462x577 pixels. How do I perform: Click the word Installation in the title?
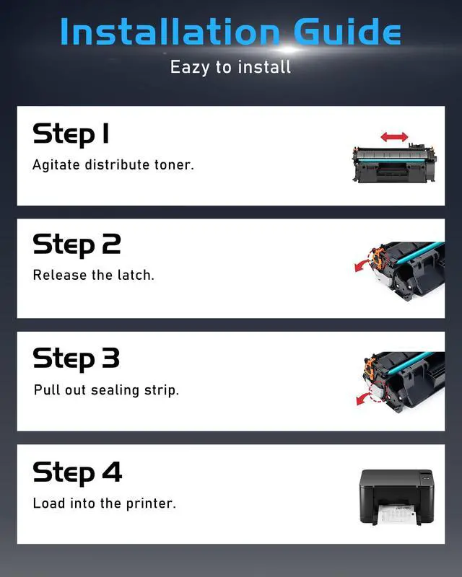click(x=170, y=31)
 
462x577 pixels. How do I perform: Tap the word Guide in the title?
click(x=347, y=31)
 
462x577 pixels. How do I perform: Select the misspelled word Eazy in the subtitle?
click(x=190, y=68)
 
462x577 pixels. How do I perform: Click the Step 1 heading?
click(x=71, y=135)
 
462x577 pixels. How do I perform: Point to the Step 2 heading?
click(x=77, y=245)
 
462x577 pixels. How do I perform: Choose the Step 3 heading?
click(x=77, y=358)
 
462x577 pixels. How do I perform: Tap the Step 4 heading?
click(x=77, y=473)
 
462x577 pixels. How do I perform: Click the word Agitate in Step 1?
click(x=56, y=165)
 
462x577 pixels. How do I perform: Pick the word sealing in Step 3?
click(x=115, y=390)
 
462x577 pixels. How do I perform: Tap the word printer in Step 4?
click(x=151, y=503)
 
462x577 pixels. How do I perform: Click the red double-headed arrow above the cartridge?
click(x=394, y=137)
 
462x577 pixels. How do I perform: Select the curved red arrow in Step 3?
click(x=365, y=398)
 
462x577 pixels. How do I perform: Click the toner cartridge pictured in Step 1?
click(x=395, y=164)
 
